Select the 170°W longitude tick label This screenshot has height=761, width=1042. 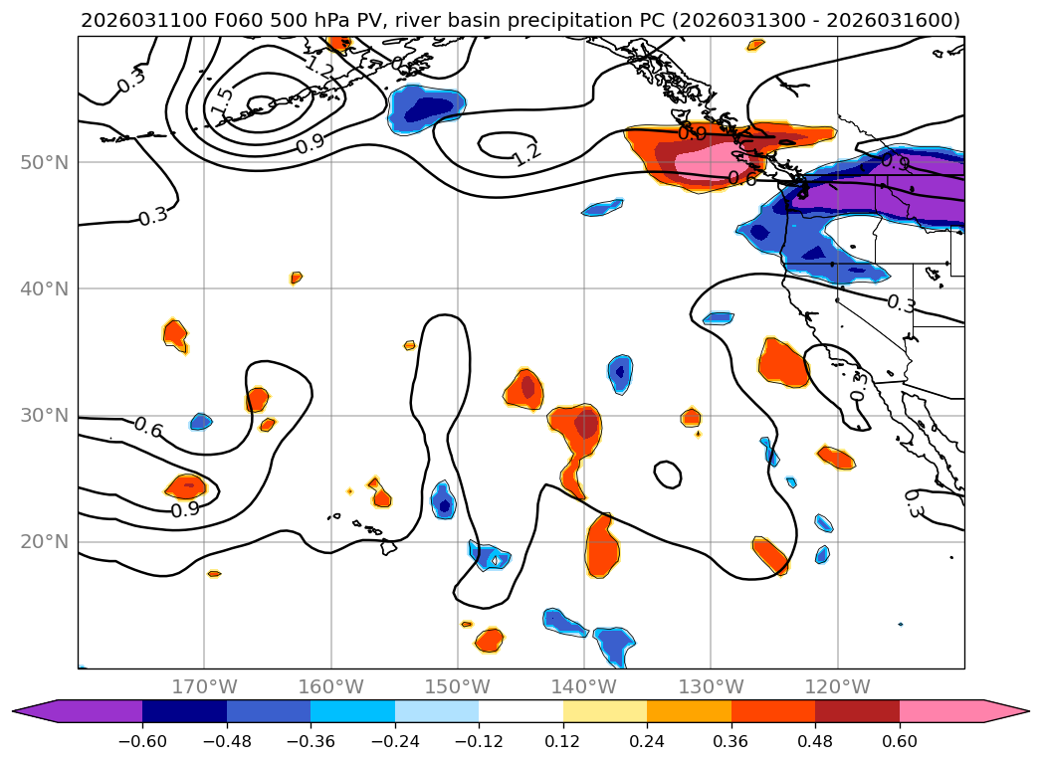point(204,686)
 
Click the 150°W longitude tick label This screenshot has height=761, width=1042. point(458,686)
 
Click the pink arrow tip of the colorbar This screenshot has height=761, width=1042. point(1005,710)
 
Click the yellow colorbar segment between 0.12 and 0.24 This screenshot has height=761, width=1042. point(605,710)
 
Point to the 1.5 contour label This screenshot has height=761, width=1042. point(222,99)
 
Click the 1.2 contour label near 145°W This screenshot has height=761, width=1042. point(526,153)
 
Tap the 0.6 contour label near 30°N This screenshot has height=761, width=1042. point(148,428)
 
